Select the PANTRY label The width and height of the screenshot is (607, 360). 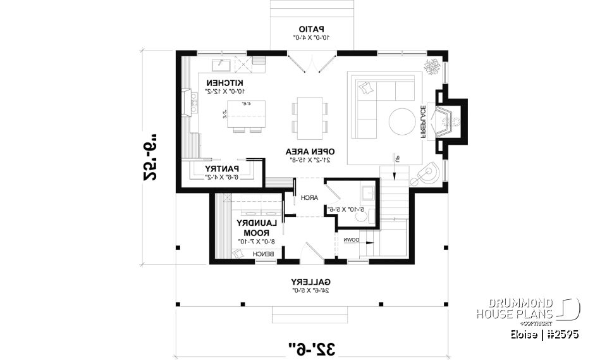[x=221, y=168]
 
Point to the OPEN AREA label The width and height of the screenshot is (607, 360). [x=309, y=151]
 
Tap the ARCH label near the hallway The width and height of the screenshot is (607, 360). [x=309, y=197]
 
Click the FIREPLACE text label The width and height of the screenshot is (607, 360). [x=421, y=121]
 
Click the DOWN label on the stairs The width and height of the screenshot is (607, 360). [x=352, y=240]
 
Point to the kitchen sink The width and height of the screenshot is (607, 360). [x=223, y=64]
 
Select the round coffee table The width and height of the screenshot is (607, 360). [x=403, y=121]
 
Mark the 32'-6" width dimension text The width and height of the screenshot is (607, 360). [x=312, y=347]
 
